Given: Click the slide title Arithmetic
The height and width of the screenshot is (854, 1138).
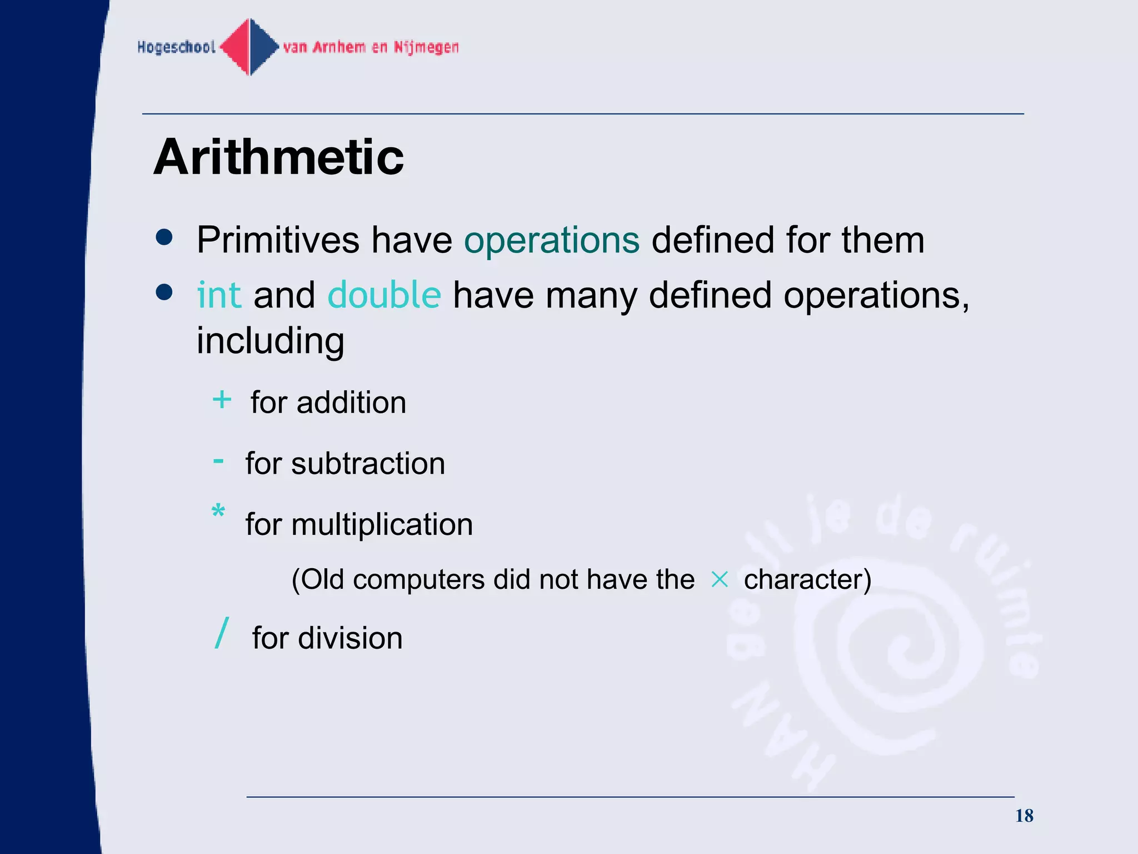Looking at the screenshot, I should (x=278, y=157).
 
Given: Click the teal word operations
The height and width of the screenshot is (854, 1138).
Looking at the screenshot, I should (x=552, y=240).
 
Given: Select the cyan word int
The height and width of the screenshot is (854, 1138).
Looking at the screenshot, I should (x=219, y=295).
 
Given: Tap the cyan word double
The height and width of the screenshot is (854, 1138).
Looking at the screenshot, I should (x=384, y=295).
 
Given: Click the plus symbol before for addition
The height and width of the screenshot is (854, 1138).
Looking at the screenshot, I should (x=222, y=400).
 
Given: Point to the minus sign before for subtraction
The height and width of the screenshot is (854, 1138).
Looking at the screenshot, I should (x=218, y=461).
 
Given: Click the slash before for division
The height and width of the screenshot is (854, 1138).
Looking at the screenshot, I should (x=222, y=633).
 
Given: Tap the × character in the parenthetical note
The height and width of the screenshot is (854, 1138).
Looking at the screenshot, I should (x=719, y=580).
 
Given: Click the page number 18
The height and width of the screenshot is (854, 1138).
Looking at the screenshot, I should (x=1024, y=816).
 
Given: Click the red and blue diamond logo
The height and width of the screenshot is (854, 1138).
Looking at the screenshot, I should (x=250, y=47).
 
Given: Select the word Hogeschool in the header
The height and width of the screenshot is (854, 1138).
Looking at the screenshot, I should (x=176, y=47).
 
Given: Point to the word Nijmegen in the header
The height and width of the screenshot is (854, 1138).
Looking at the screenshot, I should (x=426, y=47).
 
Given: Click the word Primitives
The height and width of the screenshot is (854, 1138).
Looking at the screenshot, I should (x=278, y=240).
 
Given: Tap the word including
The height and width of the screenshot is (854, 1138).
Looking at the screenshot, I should (x=270, y=341).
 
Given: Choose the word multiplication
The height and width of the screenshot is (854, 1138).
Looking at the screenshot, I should (x=382, y=524).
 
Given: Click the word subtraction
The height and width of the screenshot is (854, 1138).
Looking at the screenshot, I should (x=368, y=463).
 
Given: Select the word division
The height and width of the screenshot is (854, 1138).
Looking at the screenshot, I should (x=350, y=638).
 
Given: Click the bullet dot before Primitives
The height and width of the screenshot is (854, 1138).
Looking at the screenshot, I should (x=164, y=237).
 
